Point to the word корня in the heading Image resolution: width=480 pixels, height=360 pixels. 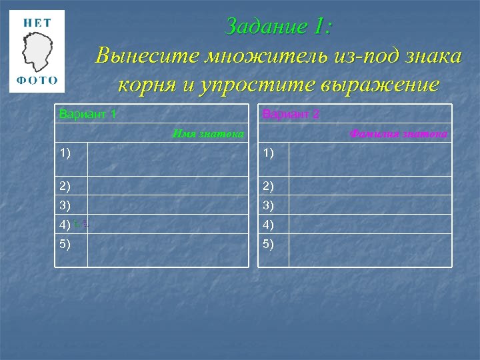click(143, 85)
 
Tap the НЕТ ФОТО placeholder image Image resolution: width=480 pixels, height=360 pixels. click(37, 51)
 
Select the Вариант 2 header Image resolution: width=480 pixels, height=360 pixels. click(291, 114)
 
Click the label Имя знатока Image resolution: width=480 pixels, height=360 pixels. click(208, 134)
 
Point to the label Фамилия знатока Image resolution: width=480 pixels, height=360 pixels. click(399, 134)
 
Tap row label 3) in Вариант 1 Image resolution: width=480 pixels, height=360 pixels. click(65, 205)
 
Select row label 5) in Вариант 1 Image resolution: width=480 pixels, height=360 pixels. click(65, 243)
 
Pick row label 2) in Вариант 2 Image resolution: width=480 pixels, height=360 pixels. click(269, 185)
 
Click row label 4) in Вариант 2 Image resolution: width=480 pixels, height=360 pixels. click(269, 224)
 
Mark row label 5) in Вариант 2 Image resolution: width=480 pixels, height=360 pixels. click(269, 243)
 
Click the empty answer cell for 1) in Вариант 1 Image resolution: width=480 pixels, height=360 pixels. click(167, 159)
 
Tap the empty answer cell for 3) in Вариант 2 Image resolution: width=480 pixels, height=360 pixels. click(371, 205)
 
